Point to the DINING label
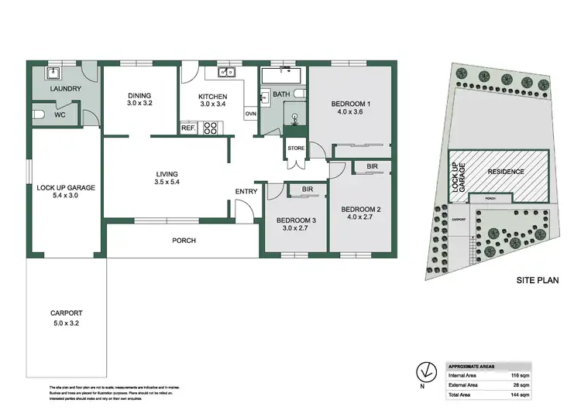(x=140, y=96)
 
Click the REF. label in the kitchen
(x=187, y=128)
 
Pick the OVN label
(x=250, y=114)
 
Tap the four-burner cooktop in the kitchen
(x=210, y=128)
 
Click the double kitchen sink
(x=225, y=73)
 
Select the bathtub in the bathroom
(x=281, y=76)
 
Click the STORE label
(x=296, y=148)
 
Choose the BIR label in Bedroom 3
(x=307, y=188)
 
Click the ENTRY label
(x=246, y=192)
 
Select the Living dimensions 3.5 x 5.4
(x=167, y=183)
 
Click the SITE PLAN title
(x=538, y=282)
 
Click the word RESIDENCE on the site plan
(x=505, y=172)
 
